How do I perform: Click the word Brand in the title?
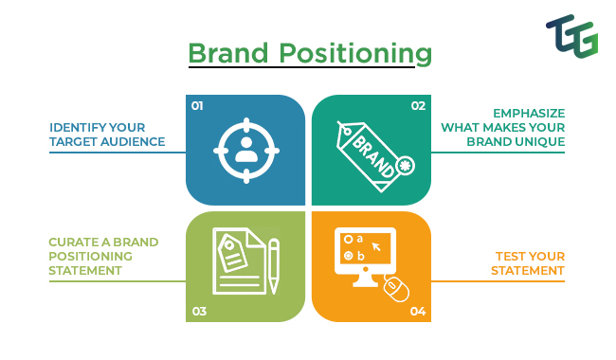(228, 53)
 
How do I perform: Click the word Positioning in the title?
(355, 54)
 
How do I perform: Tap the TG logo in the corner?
(572, 36)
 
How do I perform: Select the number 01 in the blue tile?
(197, 106)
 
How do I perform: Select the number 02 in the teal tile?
(418, 106)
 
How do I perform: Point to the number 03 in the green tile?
(199, 312)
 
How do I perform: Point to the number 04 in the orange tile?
(418, 312)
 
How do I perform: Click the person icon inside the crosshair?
(246, 150)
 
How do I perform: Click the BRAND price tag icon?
(375, 156)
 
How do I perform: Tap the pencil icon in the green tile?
(274, 266)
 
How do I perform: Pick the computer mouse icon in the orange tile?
(396, 289)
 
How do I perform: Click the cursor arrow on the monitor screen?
(376, 246)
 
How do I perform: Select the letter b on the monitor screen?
(361, 256)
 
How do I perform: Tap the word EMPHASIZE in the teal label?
(529, 114)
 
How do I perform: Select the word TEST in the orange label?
(510, 257)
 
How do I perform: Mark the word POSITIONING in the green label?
(90, 257)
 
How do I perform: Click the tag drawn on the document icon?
(232, 252)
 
